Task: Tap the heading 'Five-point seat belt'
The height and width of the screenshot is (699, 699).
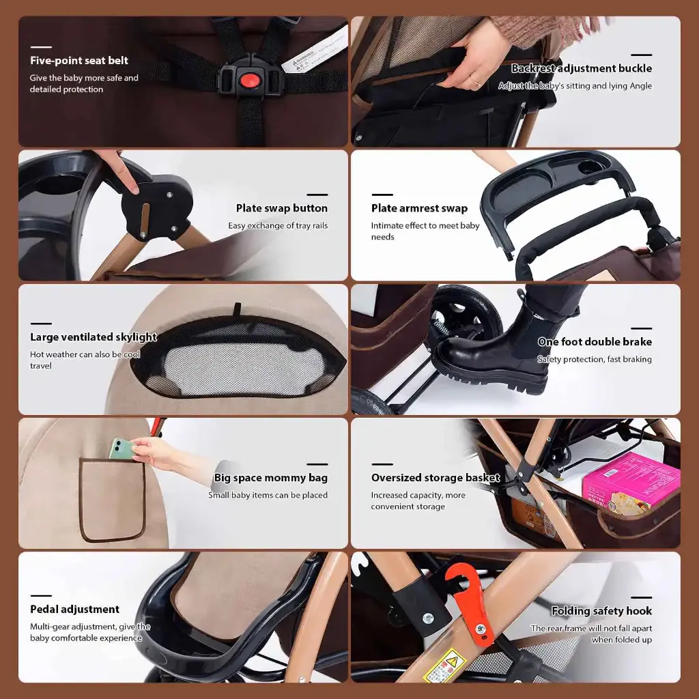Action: (x=79, y=61)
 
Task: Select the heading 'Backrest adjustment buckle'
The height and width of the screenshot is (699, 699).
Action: (x=582, y=68)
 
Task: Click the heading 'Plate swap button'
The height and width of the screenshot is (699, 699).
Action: (x=282, y=208)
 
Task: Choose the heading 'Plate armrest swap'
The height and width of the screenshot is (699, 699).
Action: (x=420, y=208)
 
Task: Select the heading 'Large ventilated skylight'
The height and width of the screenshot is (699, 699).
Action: (x=94, y=337)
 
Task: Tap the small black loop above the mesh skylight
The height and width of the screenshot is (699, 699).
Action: (x=237, y=308)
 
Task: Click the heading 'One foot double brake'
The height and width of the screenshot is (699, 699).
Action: (x=595, y=342)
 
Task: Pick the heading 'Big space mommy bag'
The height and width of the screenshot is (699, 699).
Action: (x=270, y=478)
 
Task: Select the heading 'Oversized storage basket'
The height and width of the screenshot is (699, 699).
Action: (x=436, y=478)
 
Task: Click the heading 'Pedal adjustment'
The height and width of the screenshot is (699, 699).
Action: (x=75, y=610)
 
